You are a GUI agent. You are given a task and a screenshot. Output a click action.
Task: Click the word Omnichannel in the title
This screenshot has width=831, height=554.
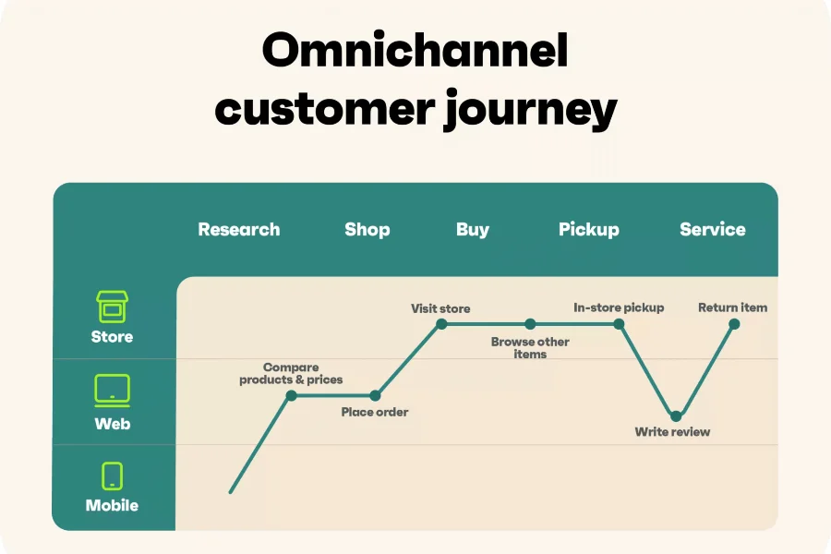[415, 51]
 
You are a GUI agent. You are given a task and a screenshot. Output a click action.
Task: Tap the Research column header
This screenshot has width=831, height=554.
[239, 230]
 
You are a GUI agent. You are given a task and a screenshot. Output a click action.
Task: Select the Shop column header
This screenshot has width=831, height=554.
[367, 230]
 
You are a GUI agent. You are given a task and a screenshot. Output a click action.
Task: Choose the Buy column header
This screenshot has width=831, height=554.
[473, 230]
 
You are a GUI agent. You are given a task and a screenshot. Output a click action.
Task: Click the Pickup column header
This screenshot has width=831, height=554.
[589, 230]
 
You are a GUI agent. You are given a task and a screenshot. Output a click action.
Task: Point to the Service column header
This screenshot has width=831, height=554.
[713, 230]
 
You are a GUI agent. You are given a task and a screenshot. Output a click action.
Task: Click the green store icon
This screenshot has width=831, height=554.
[113, 307]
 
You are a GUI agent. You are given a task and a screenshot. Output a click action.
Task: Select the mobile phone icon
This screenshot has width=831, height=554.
[113, 476]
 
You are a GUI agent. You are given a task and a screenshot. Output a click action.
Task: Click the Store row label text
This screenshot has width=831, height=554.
[113, 337]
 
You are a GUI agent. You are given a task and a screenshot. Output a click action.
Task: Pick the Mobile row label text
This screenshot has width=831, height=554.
[113, 505]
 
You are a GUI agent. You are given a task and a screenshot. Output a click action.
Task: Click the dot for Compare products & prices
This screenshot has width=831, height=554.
[292, 395]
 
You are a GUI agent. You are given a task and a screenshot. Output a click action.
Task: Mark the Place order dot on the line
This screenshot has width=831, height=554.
[375, 395]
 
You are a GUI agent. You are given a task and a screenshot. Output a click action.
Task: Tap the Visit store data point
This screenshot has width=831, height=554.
[441, 324]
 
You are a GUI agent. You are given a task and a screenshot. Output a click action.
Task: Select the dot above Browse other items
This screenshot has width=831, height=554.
[530, 324]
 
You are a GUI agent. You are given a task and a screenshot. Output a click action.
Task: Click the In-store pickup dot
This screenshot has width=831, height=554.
[619, 324]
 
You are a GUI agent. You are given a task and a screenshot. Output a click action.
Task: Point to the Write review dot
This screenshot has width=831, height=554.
[676, 416]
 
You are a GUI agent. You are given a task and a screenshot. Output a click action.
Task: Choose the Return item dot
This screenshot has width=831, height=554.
[734, 324]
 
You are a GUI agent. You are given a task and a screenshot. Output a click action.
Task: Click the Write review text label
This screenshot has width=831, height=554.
[672, 432]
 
